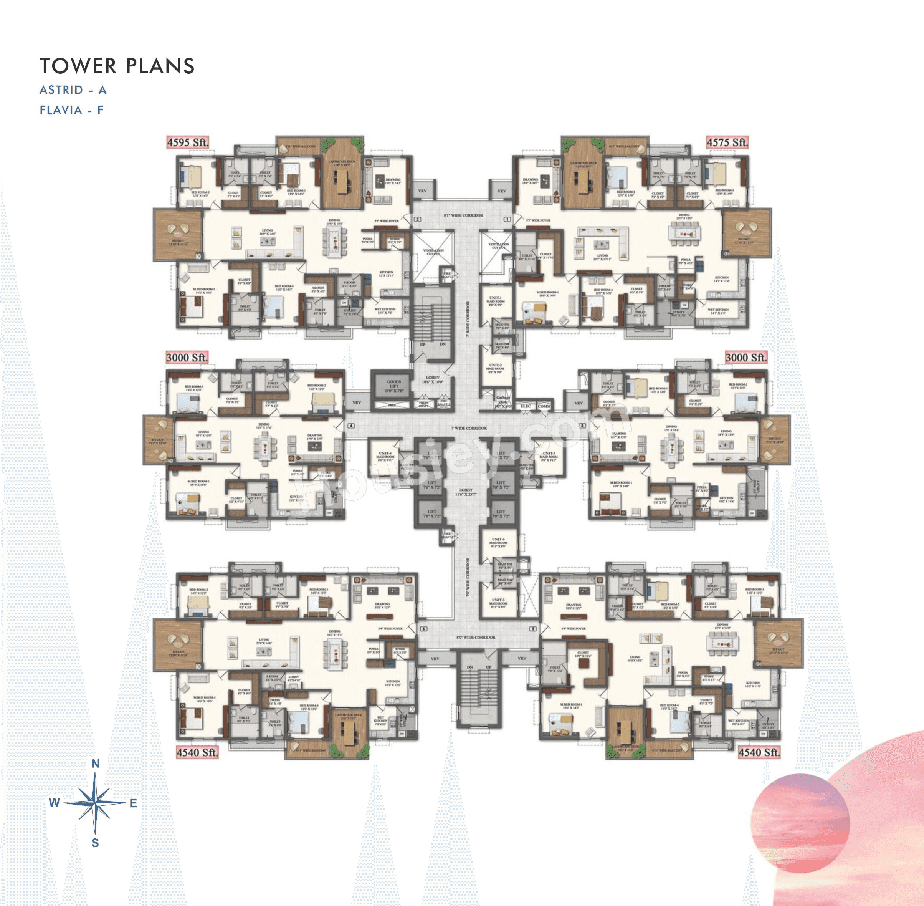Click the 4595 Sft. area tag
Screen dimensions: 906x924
187,142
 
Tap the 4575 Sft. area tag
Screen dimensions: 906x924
727,142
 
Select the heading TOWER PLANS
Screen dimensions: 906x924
117,66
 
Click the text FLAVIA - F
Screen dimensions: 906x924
72,110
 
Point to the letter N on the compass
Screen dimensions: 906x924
95,764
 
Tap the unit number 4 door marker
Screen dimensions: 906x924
351,426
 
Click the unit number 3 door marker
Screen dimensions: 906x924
582,426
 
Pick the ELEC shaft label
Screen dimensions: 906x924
526,406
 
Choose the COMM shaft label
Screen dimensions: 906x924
544,406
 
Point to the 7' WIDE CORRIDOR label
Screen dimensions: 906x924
468,428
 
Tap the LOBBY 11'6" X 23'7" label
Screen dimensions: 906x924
466,492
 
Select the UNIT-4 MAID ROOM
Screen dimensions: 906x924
385,457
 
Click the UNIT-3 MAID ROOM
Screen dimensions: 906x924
548,457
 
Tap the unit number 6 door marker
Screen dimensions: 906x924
423,629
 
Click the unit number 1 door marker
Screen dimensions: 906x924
507,219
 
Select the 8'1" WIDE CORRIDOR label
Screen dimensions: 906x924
463,215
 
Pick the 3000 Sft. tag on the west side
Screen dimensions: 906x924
187,357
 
